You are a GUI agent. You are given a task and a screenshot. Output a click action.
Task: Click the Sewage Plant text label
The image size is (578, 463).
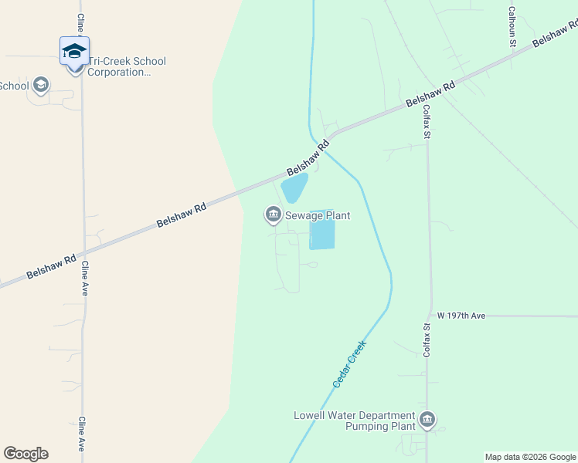[318, 216]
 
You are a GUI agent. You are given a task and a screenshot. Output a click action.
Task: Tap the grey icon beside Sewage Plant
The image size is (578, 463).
[273, 214]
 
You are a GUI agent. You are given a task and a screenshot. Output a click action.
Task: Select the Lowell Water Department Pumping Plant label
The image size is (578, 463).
[355, 421]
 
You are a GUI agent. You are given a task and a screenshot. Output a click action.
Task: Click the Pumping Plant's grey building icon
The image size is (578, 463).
[427, 421]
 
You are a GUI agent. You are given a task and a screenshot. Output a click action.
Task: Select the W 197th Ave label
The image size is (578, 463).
[461, 316]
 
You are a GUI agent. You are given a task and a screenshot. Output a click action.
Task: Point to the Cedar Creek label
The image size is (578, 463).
[348, 363]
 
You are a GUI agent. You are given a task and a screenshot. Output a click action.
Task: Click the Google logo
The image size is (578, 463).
[25, 454]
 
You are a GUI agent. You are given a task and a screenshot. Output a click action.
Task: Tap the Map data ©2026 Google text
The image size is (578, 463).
[530, 457]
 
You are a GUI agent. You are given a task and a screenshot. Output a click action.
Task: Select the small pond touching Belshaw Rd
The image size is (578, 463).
[294, 187]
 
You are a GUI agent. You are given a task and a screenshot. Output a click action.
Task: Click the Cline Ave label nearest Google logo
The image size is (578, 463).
[82, 436]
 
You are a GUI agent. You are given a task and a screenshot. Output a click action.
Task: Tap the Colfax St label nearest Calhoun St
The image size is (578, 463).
[427, 120]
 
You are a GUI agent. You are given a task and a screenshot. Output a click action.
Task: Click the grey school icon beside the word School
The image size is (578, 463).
[41, 85]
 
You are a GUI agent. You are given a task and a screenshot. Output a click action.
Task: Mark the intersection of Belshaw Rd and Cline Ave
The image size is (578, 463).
[83, 252]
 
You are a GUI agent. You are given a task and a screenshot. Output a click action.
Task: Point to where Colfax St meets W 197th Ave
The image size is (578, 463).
[428, 316]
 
